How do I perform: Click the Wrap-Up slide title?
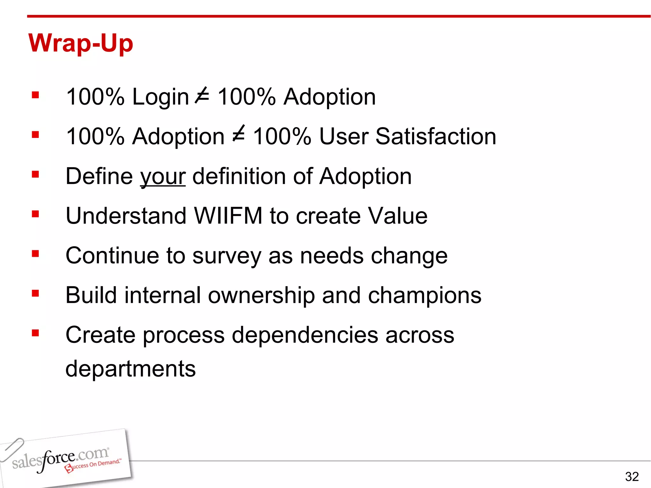click(81, 43)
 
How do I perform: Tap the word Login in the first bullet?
click(161, 97)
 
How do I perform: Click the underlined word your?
click(163, 177)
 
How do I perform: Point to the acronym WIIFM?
click(228, 216)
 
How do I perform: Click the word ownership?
click(261, 295)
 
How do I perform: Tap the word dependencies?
click(305, 335)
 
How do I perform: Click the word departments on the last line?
click(130, 369)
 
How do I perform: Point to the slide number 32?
click(632, 477)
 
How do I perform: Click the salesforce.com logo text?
click(60, 458)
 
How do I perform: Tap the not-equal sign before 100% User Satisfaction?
click(239, 135)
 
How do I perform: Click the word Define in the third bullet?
click(99, 176)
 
